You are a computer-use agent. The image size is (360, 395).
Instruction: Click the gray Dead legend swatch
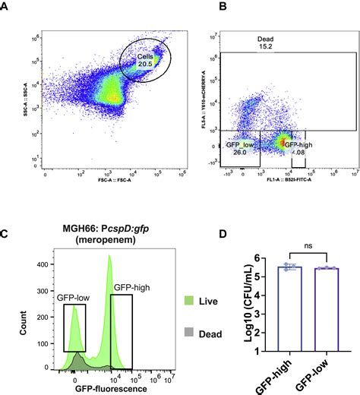166,331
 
